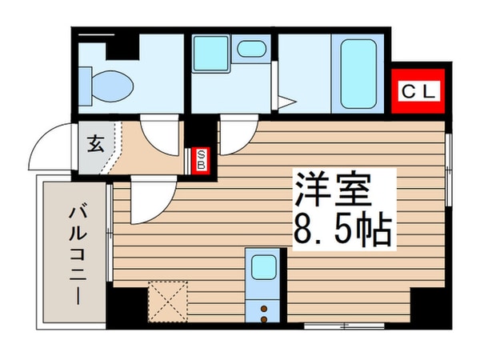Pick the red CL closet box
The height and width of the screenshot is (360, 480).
click(417, 92)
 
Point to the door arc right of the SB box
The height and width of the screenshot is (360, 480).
click(234, 136)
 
